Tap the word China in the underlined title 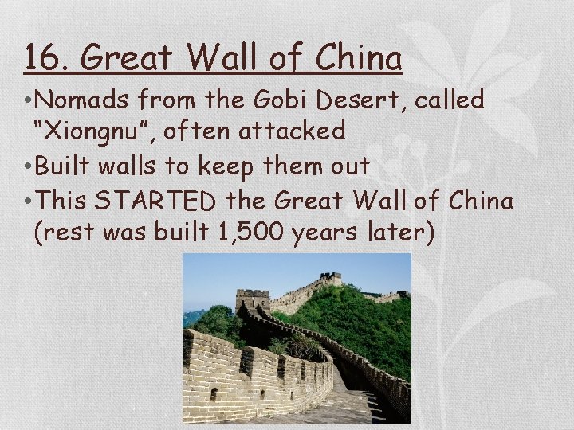click(358, 58)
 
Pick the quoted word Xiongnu click(96, 131)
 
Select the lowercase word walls click(132, 166)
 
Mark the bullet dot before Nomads click(28, 101)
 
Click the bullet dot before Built click(28, 166)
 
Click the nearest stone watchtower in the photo click(253, 300)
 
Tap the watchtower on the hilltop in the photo click(330, 279)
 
